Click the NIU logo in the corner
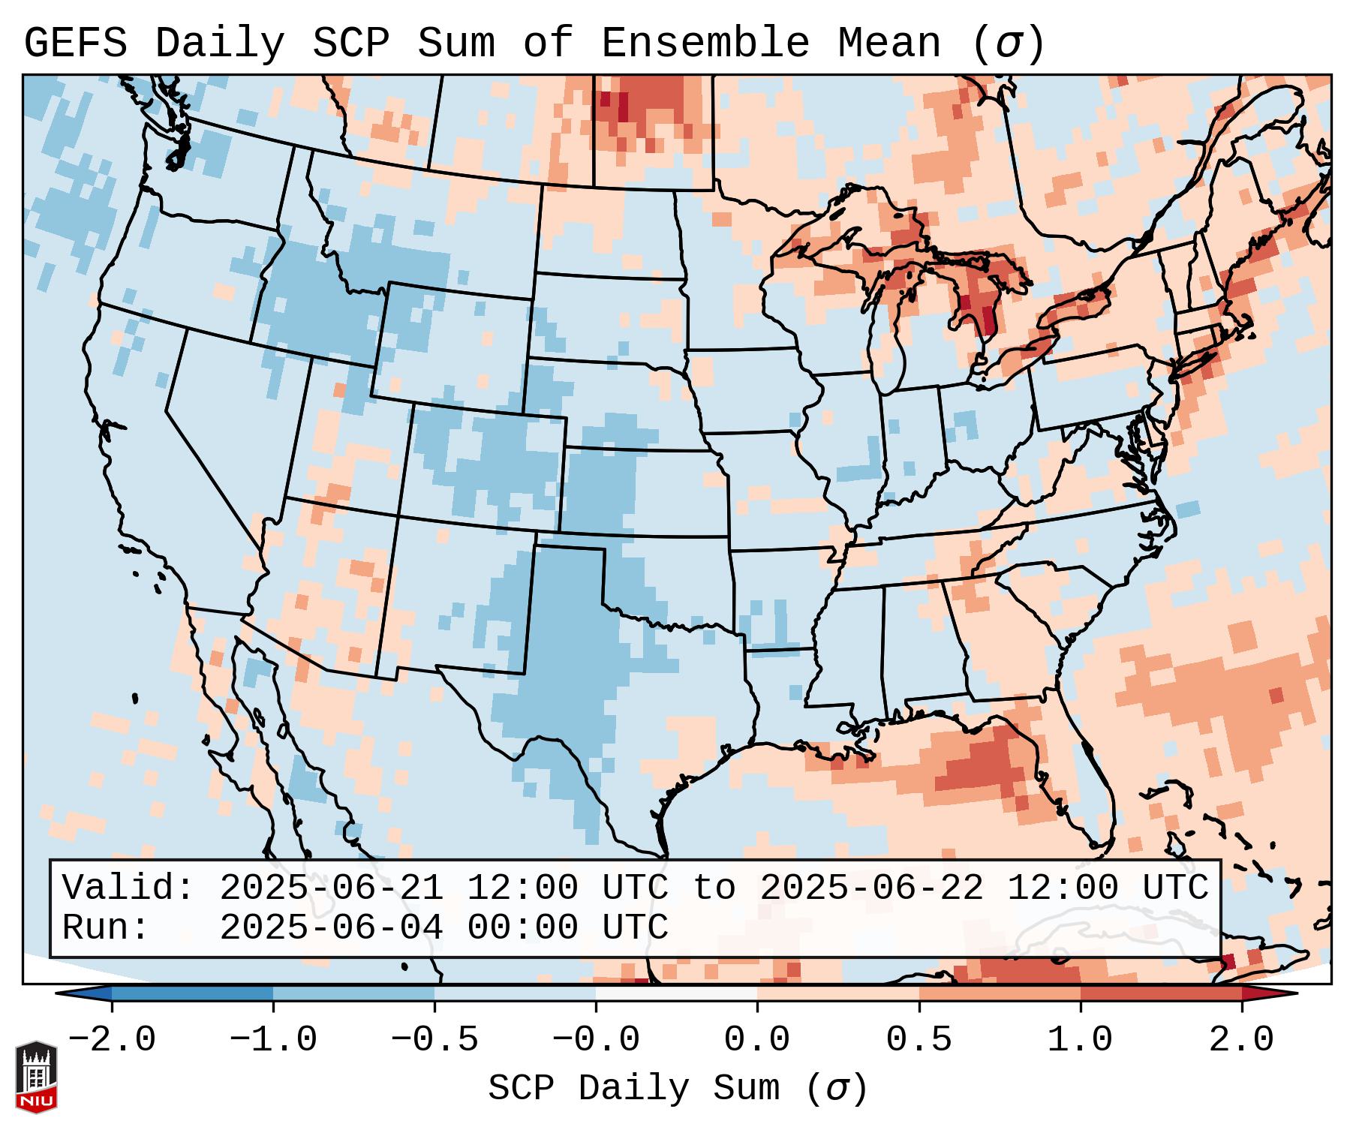coord(36,1076)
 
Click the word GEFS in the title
coord(75,44)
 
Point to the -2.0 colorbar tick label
coord(112,1040)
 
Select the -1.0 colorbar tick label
coord(273,1040)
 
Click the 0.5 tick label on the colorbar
coord(919,1040)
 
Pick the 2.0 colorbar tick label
coord(1241,1040)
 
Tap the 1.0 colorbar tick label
coord(1080,1040)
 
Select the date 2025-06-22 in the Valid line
coord(871,888)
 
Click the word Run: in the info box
coord(106,927)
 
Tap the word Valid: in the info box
coord(128,888)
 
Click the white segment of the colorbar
coord(676,993)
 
